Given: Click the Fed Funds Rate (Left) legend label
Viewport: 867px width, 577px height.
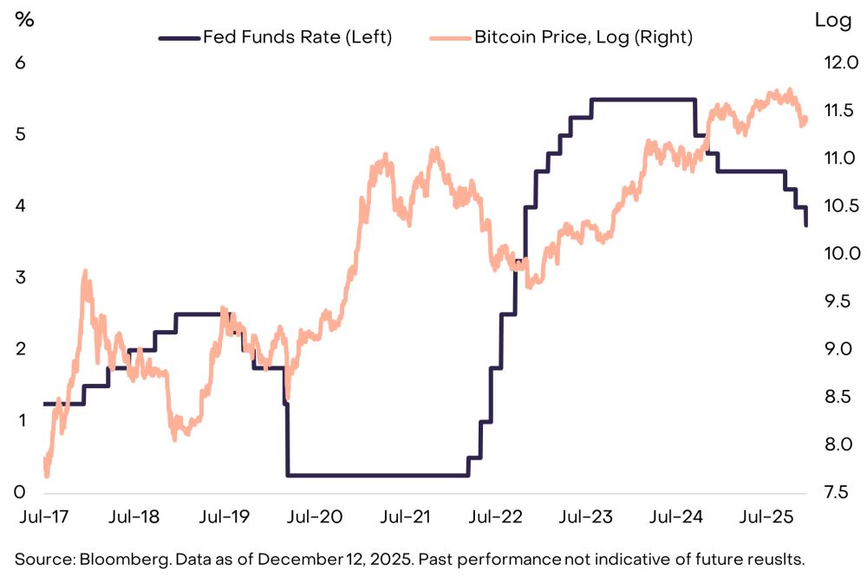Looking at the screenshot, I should pos(297,37).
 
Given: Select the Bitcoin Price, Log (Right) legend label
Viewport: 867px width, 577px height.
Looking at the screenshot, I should pos(583,37).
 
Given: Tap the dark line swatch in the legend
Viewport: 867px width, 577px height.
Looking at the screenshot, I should pos(178,37).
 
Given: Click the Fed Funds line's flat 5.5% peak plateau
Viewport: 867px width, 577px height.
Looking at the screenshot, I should pos(642,100).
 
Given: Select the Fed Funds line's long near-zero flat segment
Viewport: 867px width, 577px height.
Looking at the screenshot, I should pos(377,475).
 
